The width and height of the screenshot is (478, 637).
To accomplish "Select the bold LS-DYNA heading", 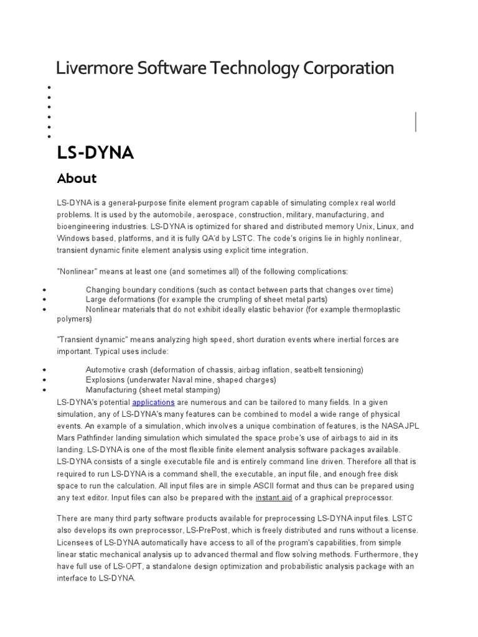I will (x=95, y=152).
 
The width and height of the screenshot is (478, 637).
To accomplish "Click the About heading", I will (x=77, y=179).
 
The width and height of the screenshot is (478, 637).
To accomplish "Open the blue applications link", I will (x=153, y=402).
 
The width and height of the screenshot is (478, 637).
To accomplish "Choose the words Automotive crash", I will (x=116, y=370).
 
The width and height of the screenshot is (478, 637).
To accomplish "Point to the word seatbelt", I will (x=299, y=370).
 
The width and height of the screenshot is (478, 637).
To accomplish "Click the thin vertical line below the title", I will (x=416, y=121).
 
